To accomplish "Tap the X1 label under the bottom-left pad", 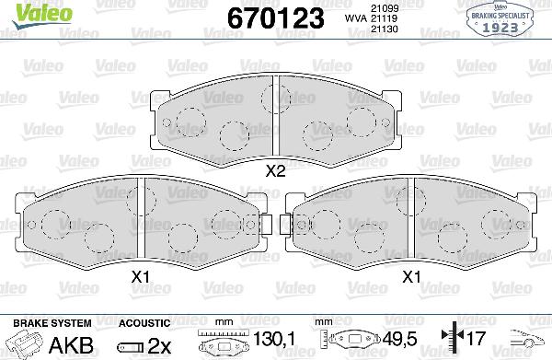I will click(x=141, y=275).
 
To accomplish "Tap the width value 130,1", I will click(x=277, y=343).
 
